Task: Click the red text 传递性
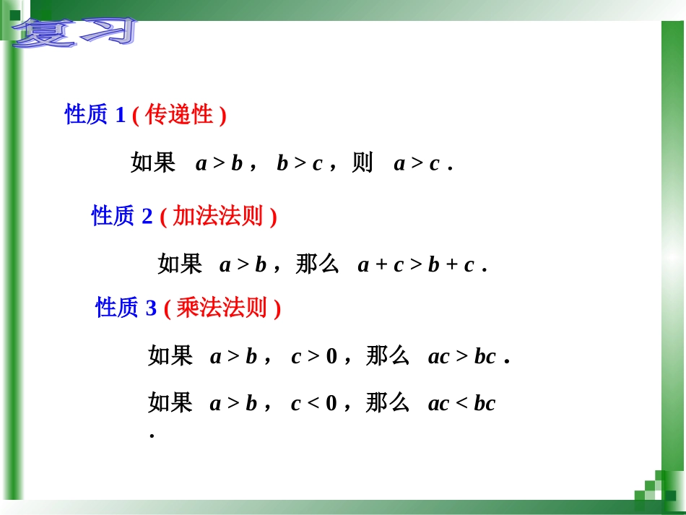coord(179,114)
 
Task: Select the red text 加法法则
coord(217,216)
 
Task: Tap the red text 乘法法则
coord(222,308)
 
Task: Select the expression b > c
coord(300,164)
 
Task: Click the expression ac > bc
coord(462,357)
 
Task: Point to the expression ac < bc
coord(462,404)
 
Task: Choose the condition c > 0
coord(314,357)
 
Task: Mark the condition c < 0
coord(314,404)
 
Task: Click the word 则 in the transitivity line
coord(362,164)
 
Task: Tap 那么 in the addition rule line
coord(318,265)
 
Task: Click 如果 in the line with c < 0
coord(170,403)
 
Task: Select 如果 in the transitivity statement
coord(153,163)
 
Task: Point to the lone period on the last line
coord(152,436)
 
